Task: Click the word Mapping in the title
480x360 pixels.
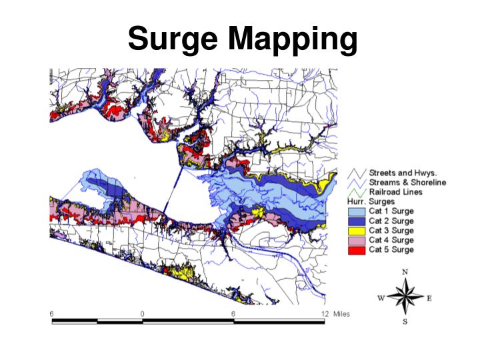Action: pyautogui.click(x=291, y=40)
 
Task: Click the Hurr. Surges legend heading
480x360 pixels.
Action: pyautogui.click(x=371, y=201)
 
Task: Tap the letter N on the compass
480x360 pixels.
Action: pyautogui.click(x=405, y=272)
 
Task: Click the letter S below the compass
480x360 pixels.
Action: pyautogui.click(x=405, y=322)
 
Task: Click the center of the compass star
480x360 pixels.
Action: pyautogui.click(x=405, y=297)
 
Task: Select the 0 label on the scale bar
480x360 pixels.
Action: pyautogui.click(x=142, y=313)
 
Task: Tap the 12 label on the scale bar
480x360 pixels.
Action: pyautogui.click(x=325, y=313)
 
